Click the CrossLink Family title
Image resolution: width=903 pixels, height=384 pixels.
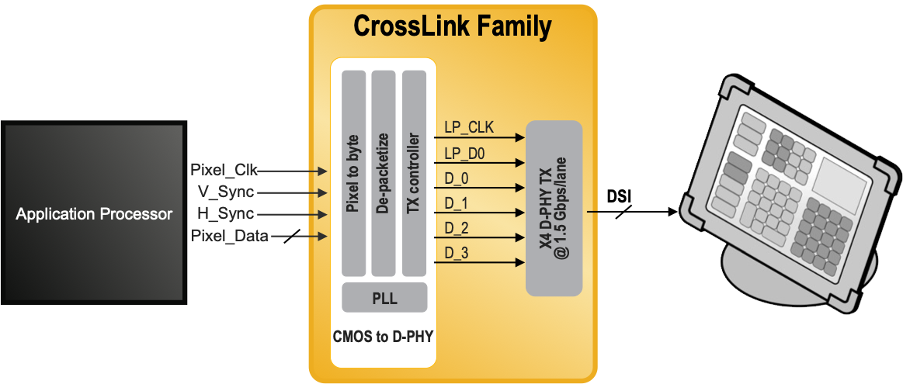point(452,26)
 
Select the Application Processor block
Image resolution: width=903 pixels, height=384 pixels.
point(94,213)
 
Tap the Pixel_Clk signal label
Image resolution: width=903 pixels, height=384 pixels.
point(224,171)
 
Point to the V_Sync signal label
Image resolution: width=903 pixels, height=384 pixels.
point(226,192)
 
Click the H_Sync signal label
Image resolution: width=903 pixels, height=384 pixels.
point(226,214)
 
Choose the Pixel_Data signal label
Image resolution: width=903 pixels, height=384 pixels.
point(229,236)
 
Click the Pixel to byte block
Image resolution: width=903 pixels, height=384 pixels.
point(353,173)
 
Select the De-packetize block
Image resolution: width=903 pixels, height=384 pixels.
point(384,173)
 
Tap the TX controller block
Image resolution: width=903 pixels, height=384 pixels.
point(414,173)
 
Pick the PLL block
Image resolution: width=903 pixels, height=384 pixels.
point(384,298)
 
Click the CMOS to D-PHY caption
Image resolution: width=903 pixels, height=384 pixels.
point(383,336)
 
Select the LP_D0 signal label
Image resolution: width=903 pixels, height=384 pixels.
point(465,154)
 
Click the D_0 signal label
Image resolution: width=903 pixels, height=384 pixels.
point(456,179)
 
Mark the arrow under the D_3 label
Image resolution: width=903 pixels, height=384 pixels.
point(480,263)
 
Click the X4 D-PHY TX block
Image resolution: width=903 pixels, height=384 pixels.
point(554,208)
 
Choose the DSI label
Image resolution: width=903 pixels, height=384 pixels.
point(619,197)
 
